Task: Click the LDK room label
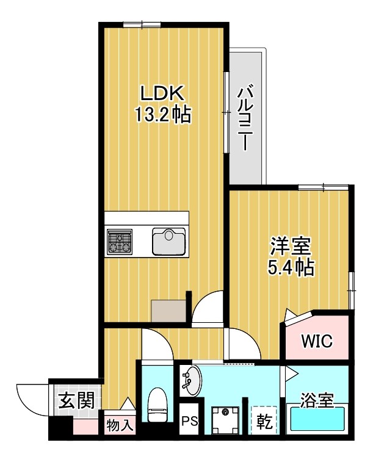(x=162, y=94)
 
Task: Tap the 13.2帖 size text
(x=162, y=114)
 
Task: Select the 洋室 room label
(x=291, y=248)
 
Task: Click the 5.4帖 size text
(x=291, y=267)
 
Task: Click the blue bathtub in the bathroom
(x=317, y=420)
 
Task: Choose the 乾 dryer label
(x=264, y=422)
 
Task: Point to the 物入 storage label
(x=120, y=424)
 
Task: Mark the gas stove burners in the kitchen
(x=120, y=241)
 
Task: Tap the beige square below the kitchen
(x=168, y=311)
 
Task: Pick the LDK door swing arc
(x=208, y=305)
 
